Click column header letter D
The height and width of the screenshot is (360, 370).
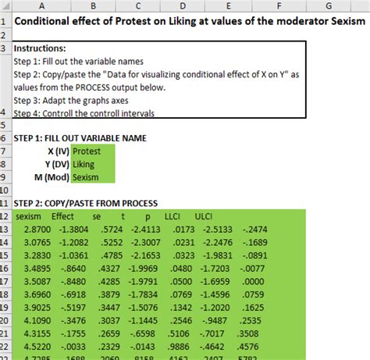[180, 5]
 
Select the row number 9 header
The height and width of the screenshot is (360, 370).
[5, 177]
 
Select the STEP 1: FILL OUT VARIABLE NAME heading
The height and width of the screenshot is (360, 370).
[80, 137]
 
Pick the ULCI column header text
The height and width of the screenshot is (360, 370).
[203, 216]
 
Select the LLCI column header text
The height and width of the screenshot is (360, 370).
[174, 216]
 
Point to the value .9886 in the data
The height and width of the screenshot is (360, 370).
[179, 347]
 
